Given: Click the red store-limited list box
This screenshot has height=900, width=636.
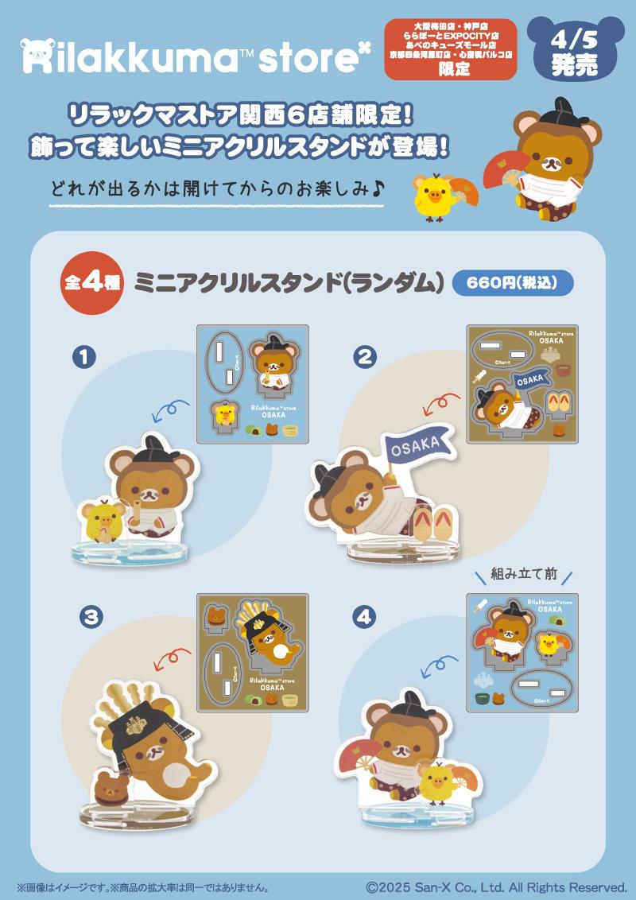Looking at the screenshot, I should [x=451, y=48].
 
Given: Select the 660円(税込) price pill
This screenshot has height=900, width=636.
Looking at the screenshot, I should [x=512, y=284].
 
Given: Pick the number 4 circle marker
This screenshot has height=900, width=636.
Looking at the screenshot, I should [x=364, y=616].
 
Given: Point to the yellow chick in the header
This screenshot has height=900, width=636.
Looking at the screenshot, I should [x=433, y=196].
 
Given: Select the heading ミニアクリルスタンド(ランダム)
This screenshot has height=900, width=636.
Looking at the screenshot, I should [x=288, y=284].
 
